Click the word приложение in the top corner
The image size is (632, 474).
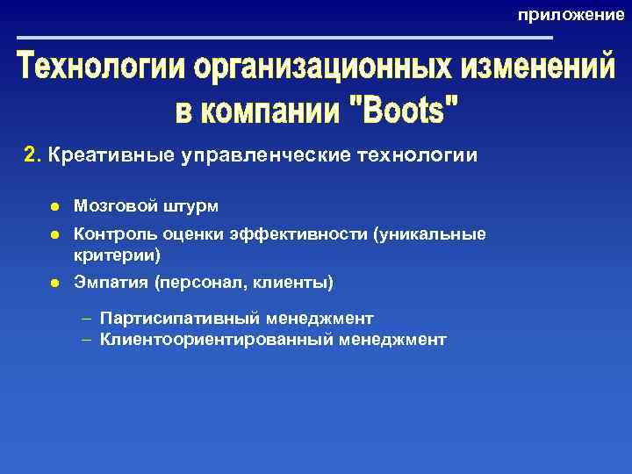click(571, 15)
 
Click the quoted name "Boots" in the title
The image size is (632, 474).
click(404, 111)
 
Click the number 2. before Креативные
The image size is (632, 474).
click(32, 155)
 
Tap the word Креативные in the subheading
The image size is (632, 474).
click(98, 155)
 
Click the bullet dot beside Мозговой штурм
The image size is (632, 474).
click(54, 206)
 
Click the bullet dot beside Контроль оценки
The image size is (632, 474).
click(54, 235)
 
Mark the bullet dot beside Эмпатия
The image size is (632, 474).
click(54, 284)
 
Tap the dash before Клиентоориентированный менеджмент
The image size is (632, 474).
click(87, 339)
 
